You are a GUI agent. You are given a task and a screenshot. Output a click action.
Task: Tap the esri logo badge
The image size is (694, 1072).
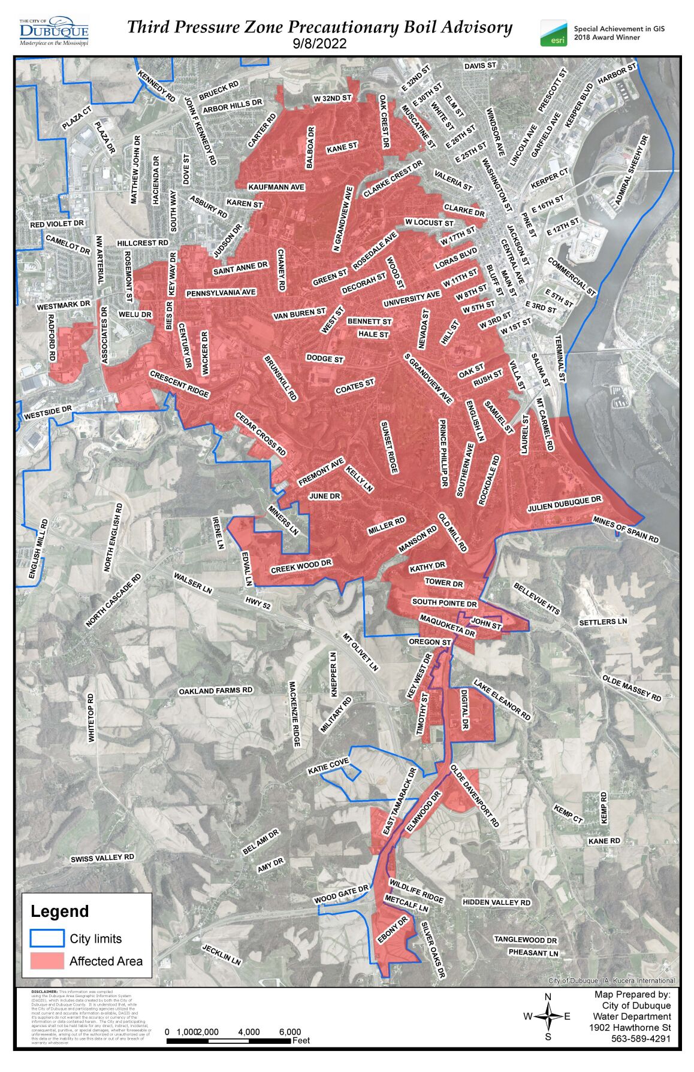click(x=554, y=34)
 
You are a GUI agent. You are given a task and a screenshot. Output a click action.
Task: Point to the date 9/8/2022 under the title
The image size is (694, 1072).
click(x=319, y=44)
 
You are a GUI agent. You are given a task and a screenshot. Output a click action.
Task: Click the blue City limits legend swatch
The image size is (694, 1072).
click(x=47, y=938)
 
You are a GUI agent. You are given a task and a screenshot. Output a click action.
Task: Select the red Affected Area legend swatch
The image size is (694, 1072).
click(x=47, y=961)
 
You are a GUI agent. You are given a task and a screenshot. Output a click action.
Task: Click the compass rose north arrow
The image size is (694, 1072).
click(x=547, y=1016)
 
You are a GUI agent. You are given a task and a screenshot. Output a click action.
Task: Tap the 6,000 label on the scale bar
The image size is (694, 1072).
click(x=290, y=1032)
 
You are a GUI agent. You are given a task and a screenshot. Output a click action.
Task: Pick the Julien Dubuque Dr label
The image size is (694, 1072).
click(x=564, y=504)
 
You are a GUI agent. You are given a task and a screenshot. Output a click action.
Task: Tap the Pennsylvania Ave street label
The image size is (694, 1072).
click(x=221, y=293)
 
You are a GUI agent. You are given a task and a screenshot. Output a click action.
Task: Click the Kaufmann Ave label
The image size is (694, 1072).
click(x=276, y=187)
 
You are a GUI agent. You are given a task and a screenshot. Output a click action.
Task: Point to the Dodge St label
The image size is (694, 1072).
click(x=325, y=358)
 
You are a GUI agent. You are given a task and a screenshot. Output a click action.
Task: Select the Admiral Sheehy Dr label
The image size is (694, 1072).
click(x=632, y=170)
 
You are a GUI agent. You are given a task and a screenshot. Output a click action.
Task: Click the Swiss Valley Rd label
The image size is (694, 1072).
click(x=102, y=858)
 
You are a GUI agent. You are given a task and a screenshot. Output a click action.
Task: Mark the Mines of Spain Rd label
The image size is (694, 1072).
click(x=626, y=529)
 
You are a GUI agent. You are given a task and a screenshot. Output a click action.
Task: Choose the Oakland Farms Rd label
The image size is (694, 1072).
click(x=216, y=691)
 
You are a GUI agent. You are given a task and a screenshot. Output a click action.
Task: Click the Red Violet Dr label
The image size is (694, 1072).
click(x=58, y=224)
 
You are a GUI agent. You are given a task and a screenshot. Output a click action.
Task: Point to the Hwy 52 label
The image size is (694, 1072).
click(x=258, y=603)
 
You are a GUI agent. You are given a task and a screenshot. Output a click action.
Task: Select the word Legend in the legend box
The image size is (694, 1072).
click(x=60, y=911)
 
